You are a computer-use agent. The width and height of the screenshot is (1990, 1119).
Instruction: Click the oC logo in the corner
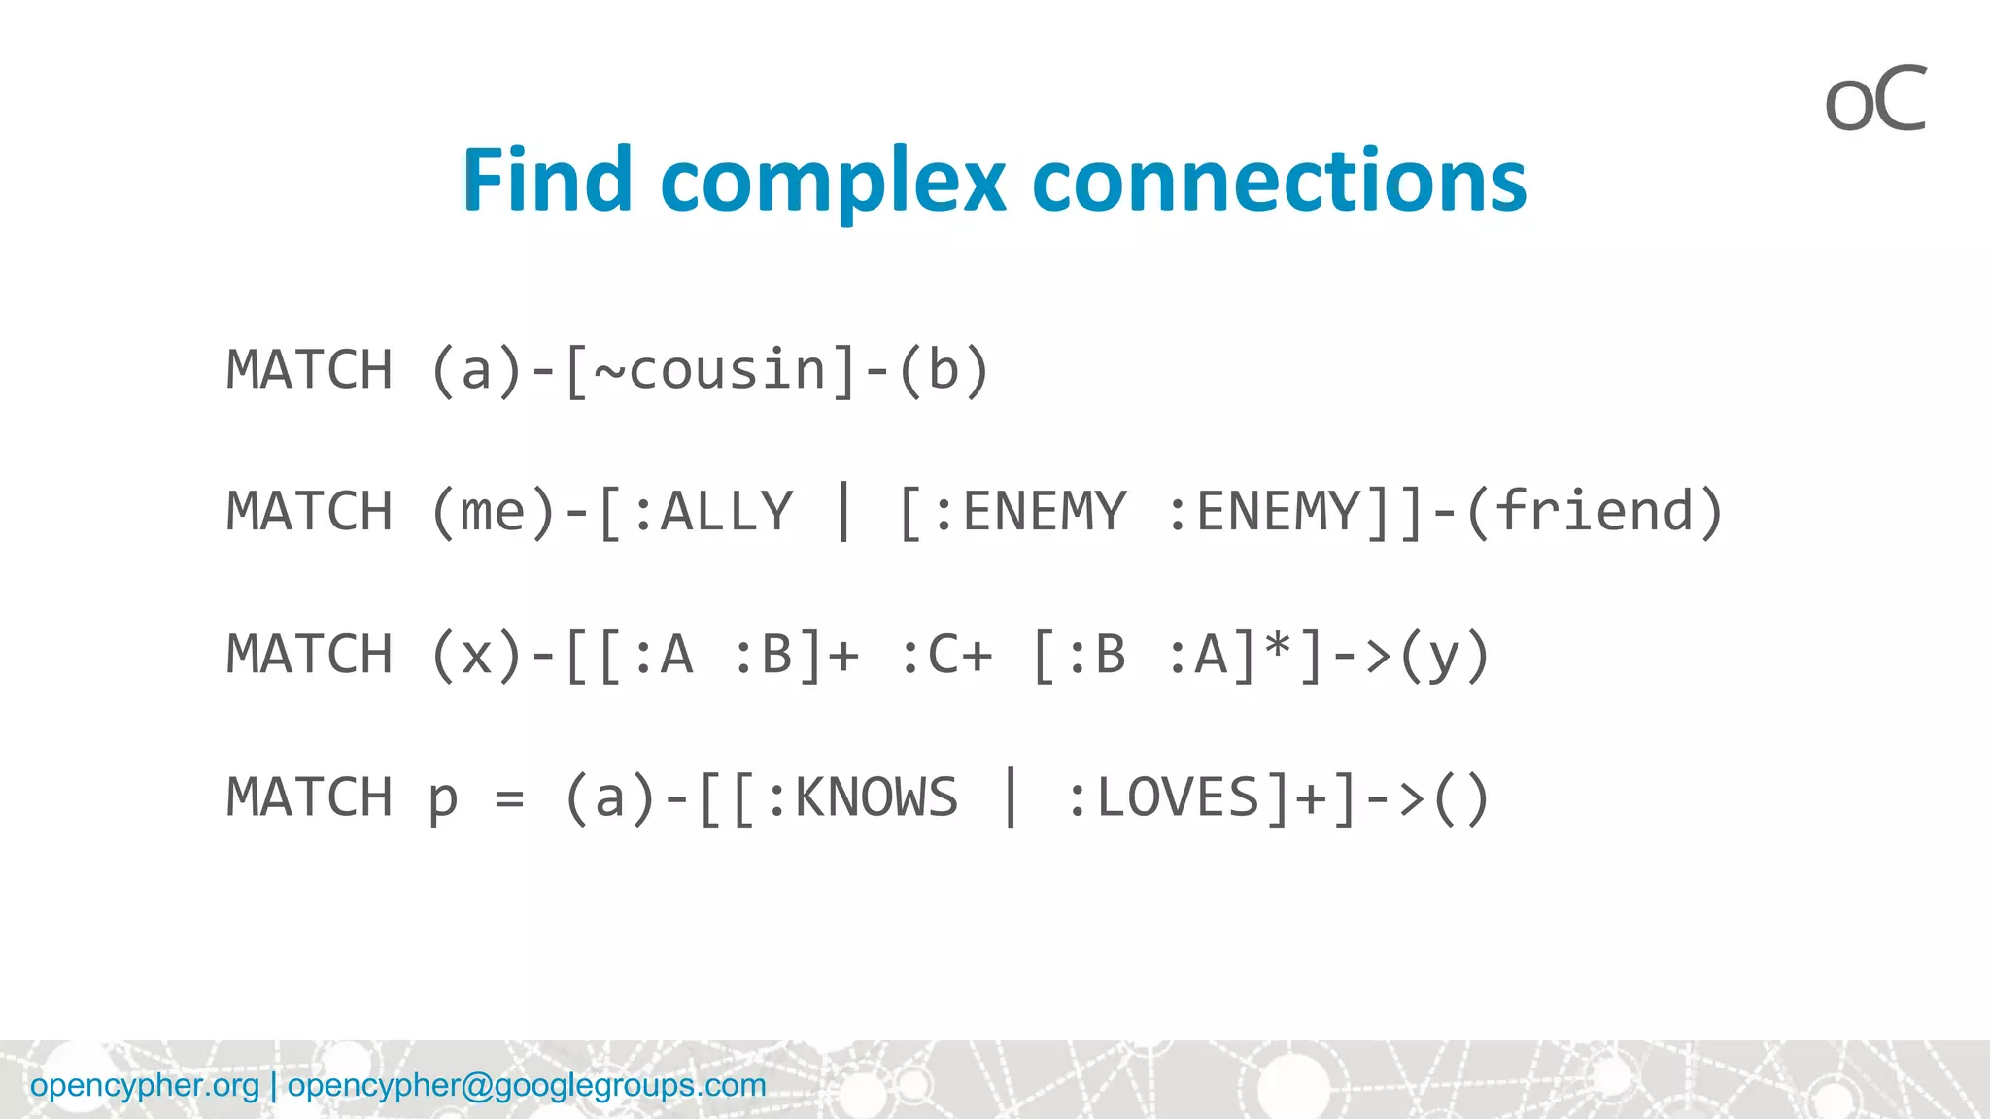pos(1874,100)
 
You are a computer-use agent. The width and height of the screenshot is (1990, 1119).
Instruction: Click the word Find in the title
pos(547,181)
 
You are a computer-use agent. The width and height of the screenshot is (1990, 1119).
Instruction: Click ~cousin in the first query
pos(709,370)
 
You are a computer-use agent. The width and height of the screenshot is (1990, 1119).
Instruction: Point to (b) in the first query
pos(943,370)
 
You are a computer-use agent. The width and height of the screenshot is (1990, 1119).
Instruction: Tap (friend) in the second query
pos(1594,512)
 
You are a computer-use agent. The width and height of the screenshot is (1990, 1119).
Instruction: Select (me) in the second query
pos(494,512)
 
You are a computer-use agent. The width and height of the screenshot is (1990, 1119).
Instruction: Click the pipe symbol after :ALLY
pos(843,512)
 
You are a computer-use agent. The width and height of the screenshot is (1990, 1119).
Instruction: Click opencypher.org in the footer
pos(145,1085)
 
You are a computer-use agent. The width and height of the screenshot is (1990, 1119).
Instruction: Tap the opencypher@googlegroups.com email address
pos(527,1085)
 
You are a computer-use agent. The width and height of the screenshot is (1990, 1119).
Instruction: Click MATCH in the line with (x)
pos(309,655)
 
